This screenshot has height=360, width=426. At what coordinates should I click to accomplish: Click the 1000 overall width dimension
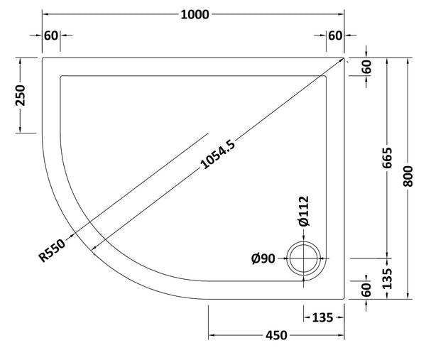(193, 14)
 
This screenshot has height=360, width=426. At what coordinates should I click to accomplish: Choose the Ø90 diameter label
(264, 259)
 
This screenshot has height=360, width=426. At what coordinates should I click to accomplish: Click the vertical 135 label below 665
(386, 278)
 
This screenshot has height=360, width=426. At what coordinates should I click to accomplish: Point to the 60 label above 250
(51, 36)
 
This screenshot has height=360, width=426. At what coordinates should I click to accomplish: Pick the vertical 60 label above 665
(367, 67)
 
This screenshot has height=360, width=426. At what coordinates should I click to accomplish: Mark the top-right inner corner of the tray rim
(328, 76)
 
